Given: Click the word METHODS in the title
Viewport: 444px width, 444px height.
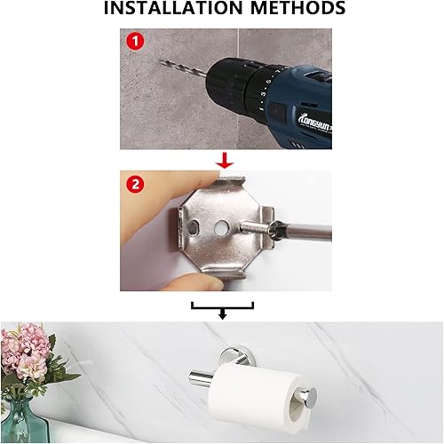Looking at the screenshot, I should (294, 10).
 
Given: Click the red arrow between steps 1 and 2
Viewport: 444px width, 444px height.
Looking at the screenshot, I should (226, 160).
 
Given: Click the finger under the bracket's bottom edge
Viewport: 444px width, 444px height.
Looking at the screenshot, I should (200, 280).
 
